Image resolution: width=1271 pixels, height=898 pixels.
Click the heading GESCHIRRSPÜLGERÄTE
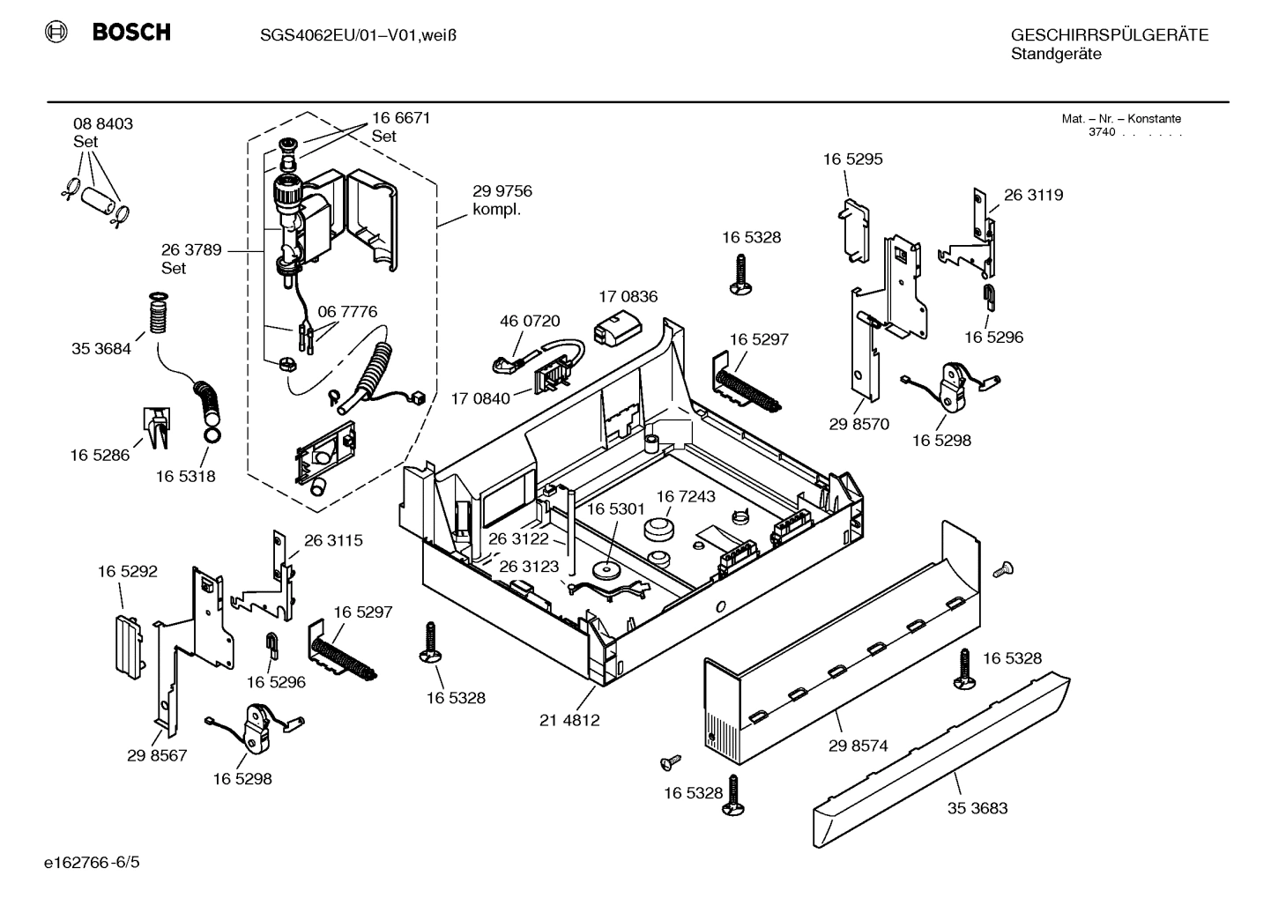(1109, 35)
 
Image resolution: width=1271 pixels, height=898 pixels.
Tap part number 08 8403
(103, 124)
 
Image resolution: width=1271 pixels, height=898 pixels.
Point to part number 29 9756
(502, 191)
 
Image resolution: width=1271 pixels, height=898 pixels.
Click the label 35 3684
(100, 349)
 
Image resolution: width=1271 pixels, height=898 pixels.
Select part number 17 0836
(628, 297)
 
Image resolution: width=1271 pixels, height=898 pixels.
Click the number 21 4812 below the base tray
(569, 720)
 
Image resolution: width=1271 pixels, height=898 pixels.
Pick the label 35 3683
(977, 808)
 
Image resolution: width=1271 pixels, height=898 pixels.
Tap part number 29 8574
(858, 746)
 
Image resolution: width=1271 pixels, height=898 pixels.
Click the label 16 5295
(852, 160)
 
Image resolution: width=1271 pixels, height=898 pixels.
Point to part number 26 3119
(1033, 196)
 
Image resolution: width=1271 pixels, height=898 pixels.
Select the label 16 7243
(685, 497)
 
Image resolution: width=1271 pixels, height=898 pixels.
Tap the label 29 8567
(157, 755)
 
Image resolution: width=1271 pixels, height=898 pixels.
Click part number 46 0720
(530, 322)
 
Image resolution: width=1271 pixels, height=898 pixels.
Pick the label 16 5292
(128, 572)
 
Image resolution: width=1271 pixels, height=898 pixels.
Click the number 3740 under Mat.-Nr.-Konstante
(1101, 132)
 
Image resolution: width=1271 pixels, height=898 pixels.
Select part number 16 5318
(185, 477)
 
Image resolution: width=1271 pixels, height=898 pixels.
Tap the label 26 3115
(333, 541)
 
